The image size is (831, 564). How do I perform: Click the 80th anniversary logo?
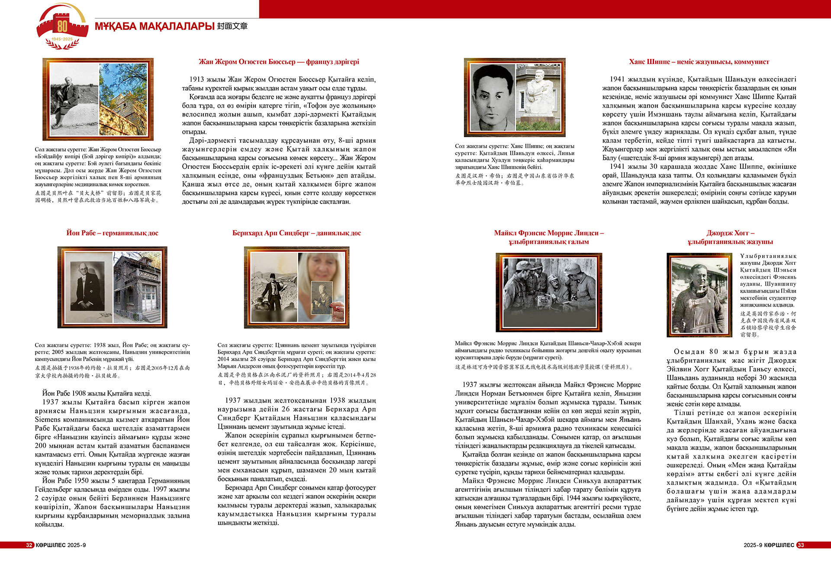click(x=62, y=26)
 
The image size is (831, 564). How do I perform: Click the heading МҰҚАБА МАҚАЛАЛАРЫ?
click(x=155, y=26)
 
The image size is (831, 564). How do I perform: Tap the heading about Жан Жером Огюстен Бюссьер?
click(x=279, y=62)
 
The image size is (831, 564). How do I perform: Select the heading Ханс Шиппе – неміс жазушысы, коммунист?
click(x=699, y=62)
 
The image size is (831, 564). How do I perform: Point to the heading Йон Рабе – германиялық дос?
click(x=112, y=233)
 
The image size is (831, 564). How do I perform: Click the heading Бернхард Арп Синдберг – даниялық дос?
click(x=296, y=233)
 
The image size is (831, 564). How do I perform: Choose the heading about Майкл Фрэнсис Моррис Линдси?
click(x=549, y=237)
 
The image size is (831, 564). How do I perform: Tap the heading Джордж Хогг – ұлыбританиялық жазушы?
click(x=730, y=237)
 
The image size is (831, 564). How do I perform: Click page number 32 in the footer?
click(x=29, y=545)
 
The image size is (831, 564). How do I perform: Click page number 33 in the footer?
click(x=800, y=545)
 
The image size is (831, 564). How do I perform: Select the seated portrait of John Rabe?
click(x=88, y=287)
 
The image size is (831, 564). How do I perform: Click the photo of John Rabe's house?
click(x=137, y=287)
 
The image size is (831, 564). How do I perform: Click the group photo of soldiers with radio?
click(x=549, y=292)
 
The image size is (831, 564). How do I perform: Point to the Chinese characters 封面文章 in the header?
click(x=232, y=26)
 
